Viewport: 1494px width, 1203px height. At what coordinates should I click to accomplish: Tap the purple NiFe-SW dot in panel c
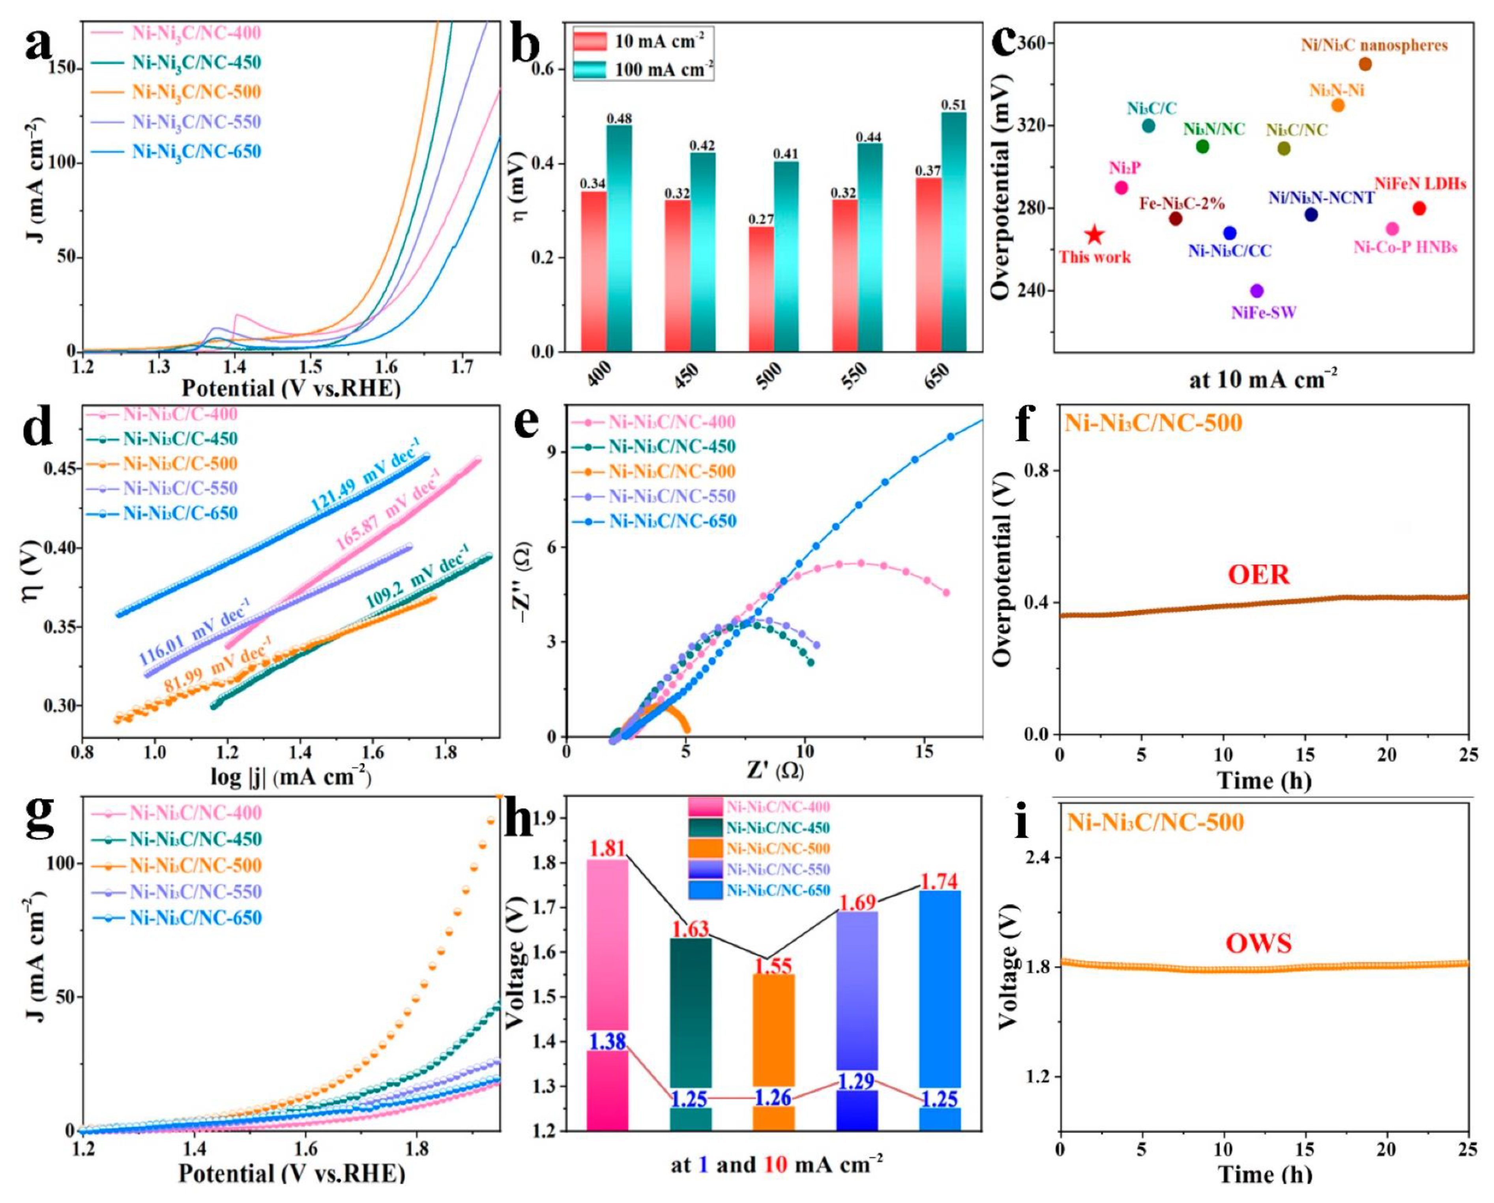click(x=1257, y=291)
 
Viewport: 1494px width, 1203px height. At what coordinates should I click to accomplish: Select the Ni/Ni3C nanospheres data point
click(x=1365, y=64)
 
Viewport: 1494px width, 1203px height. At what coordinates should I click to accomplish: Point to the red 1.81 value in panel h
click(x=607, y=847)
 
